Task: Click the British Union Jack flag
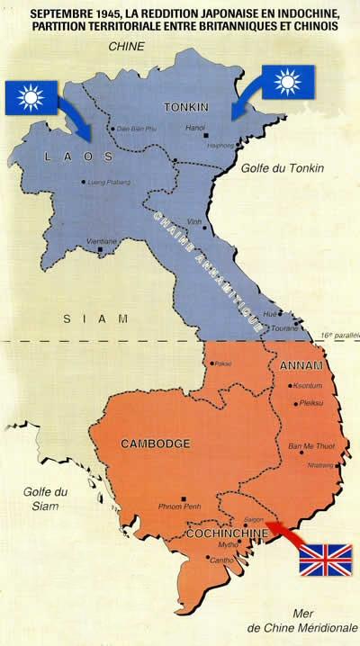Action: [x=325, y=558]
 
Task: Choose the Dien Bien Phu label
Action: [x=134, y=129]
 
